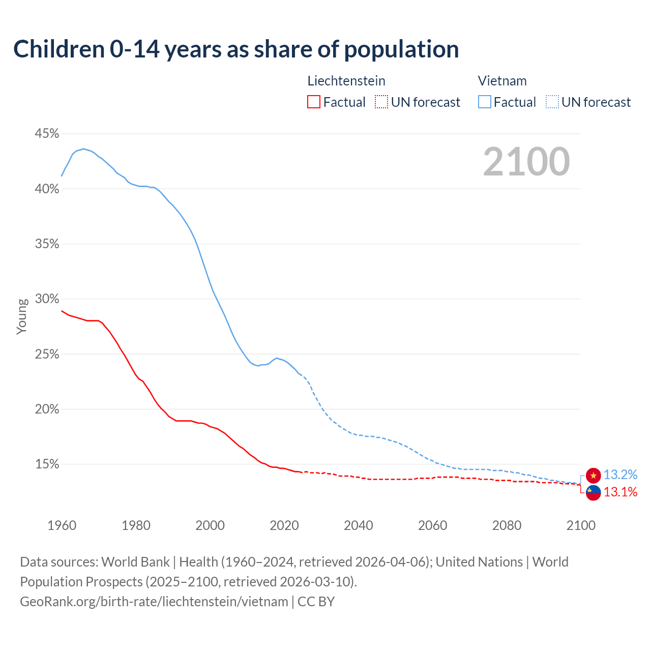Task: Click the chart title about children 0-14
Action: [x=236, y=49]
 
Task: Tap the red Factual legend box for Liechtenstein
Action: [x=314, y=102]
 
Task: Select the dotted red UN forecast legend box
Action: [x=381, y=102]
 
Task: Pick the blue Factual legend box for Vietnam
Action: [x=485, y=102]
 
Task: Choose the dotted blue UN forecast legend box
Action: [x=552, y=102]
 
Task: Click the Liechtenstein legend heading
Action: [x=346, y=81]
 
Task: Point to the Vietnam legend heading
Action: [x=502, y=81]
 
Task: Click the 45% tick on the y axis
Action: [x=47, y=134]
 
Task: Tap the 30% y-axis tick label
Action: [x=47, y=299]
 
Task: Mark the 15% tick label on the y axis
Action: [x=47, y=464]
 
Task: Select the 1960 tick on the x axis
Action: [x=62, y=525]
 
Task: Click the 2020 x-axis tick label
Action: [x=284, y=525]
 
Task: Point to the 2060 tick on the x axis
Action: [x=432, y=525]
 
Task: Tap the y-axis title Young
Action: [x=21, y=316]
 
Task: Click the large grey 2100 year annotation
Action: [x=526, y=162]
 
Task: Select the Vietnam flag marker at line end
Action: [x=593, y=475]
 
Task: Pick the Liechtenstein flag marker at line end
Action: [x=593, y=492]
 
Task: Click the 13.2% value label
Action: [x=620, y=475]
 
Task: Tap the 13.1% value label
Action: [x=620, y=492]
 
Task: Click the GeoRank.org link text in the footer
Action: [x=154, y=602]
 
